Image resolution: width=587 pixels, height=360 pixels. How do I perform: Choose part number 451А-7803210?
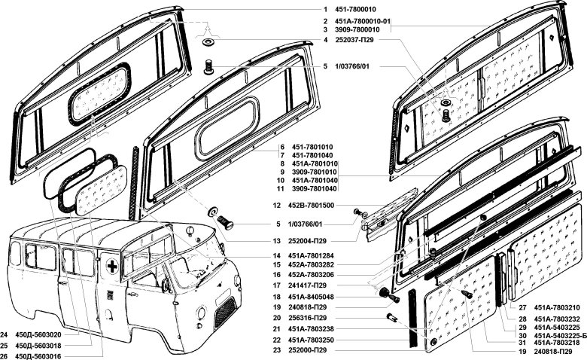(557, 308)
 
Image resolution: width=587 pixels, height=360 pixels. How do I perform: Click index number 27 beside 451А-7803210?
(522, 308)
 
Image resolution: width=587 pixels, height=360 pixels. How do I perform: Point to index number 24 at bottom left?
(5, 334)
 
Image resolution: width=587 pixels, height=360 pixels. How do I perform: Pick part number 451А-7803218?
(557, 343)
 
